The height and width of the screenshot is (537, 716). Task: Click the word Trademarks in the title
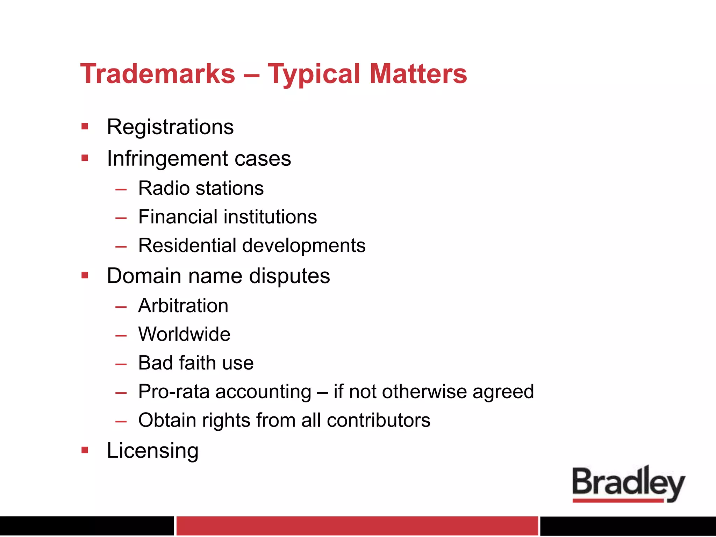click(x=158, y=74)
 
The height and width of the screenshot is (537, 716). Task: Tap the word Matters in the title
click(x=418, y=74)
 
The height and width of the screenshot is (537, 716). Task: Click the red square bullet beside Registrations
click(x=85, y=126)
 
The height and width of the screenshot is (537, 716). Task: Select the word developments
click(x=304, y=245)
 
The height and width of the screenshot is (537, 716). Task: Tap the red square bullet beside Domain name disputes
click(x=85, y=275)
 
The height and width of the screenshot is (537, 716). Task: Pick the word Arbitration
click(x=183, y=306)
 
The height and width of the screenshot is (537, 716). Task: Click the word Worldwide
click(x=184, y=334)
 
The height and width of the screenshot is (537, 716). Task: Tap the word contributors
click(x=379, y=420)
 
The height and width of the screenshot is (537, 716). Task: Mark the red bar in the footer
click(x=357, y=525)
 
